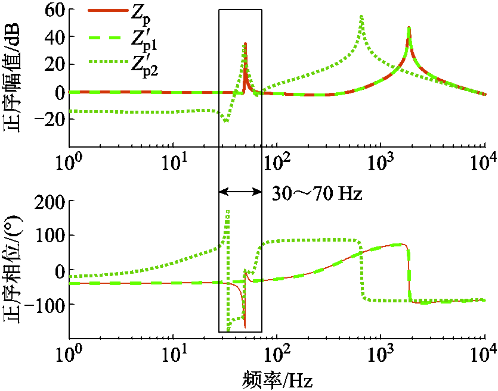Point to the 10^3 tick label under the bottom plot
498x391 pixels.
point(380,358)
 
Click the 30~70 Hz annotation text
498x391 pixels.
point(317,193)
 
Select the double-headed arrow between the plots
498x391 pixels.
point(240,192)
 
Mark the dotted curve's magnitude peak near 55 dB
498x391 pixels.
point(361,17)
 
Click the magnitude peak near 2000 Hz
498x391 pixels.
point(409,28)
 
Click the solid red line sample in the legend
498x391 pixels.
point(107,11)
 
